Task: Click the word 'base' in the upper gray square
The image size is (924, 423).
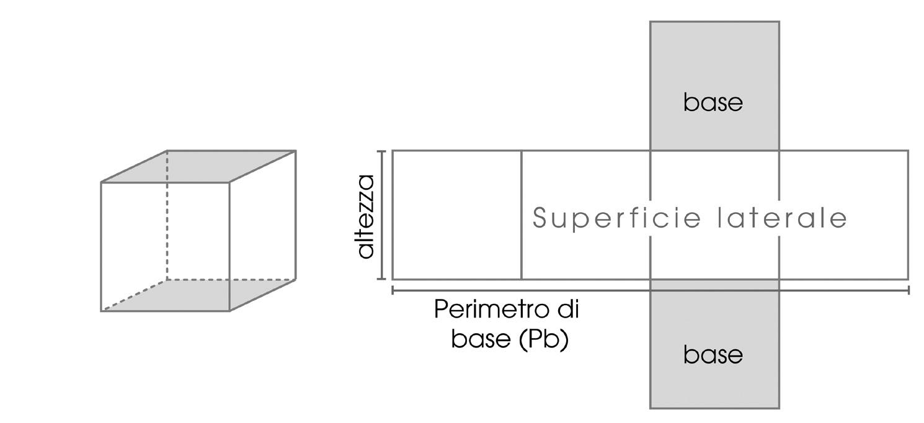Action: pyautogui.click(x=713, y=102)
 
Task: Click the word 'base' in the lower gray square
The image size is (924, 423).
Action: pyautogui.click(x=713, y=355)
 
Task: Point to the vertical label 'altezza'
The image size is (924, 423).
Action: pyautogui.click(x=366, y=216)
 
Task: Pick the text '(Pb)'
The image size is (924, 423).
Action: pyautogui.click(x=544, y=339)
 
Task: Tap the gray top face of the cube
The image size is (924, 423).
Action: pyautogui.click(x=198, y=166)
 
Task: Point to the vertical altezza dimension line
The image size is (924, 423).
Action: pyautogui.click(x=382, y=215)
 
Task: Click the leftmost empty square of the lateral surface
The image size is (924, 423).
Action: pyautogui.click(x=457, y=215)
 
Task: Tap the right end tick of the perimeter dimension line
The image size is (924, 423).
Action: pyautogui.click(x=908, y=290)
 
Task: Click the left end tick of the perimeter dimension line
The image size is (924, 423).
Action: pyautogui.click(x=393, y=290)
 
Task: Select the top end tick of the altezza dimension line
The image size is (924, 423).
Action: pyautogui.click(x=382, y=151)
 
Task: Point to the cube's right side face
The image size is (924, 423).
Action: pyautogui.click(x=263, y=229)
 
